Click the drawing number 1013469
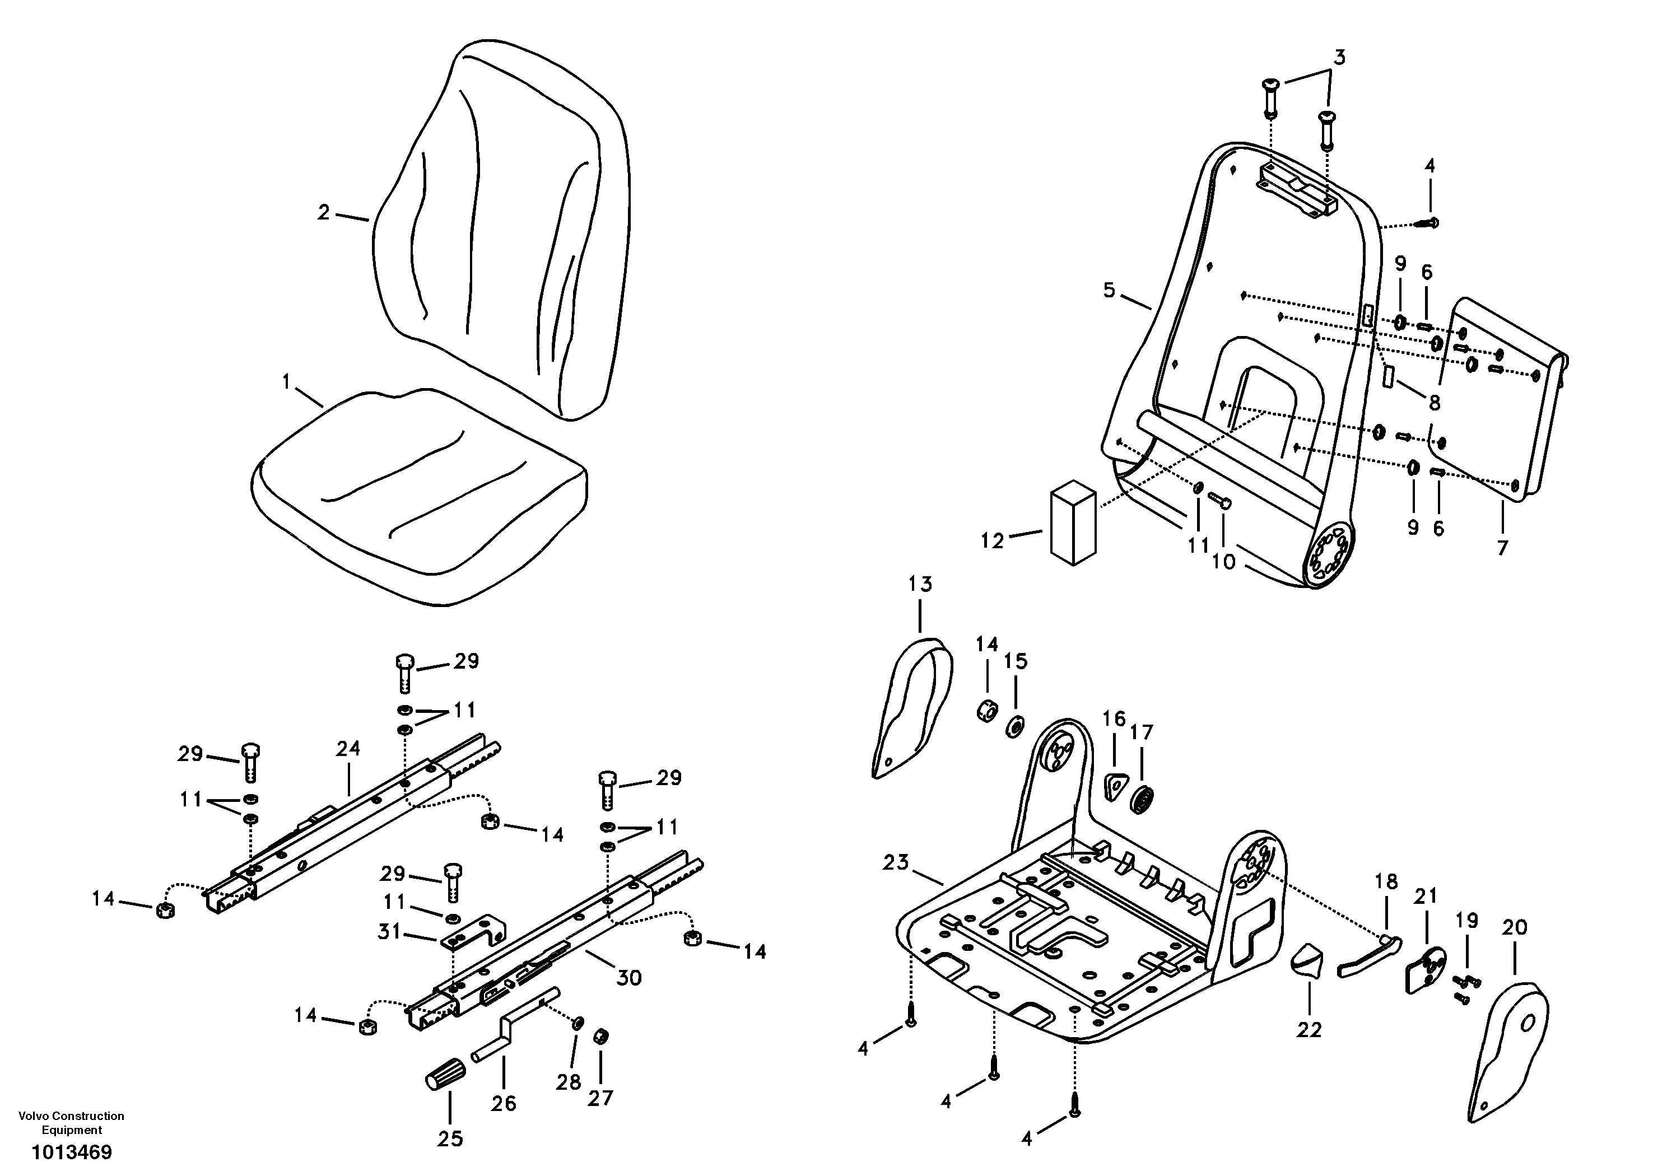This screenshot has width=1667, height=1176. (71, 1152)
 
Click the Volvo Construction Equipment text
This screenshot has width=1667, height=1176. (71, 1122)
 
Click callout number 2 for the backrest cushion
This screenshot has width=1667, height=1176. (324, 212)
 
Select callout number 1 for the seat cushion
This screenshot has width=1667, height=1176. (286, 381)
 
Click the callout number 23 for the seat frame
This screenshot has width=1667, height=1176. (896, 862)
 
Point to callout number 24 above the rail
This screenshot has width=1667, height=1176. (348, 748)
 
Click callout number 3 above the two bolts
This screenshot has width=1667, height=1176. (1339, 57)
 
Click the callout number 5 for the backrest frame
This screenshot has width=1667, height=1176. (1109, 291)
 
